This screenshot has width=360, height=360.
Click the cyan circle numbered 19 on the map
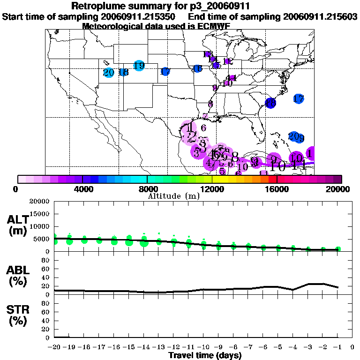(139, 66)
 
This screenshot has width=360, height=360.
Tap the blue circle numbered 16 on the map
(197, 69)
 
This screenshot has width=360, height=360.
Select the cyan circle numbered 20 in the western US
(109, 73)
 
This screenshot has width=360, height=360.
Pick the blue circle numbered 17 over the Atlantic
(299, 99)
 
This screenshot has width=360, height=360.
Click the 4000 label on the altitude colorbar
(82, 189)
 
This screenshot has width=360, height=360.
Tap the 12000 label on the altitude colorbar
(212, 189)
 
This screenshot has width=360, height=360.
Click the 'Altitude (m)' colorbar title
(173, 195)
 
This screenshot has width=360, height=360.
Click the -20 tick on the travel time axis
(55, 347)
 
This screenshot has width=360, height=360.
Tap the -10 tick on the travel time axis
(204, 347)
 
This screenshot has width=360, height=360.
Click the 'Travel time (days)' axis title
(205, 355)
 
